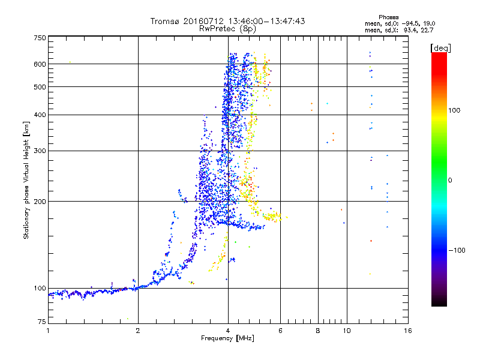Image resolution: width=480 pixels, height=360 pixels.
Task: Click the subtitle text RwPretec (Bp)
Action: point(227,28)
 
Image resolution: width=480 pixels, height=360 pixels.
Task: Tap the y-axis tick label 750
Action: point(40,38)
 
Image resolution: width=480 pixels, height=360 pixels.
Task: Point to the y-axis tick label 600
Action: point(40,64)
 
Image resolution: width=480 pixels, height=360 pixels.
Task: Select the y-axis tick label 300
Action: point(40,151)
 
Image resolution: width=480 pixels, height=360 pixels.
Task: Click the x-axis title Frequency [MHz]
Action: point(227,339)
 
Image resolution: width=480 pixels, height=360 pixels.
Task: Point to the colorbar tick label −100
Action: point(456,250)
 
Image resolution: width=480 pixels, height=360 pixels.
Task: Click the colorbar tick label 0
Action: point(450,180)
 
